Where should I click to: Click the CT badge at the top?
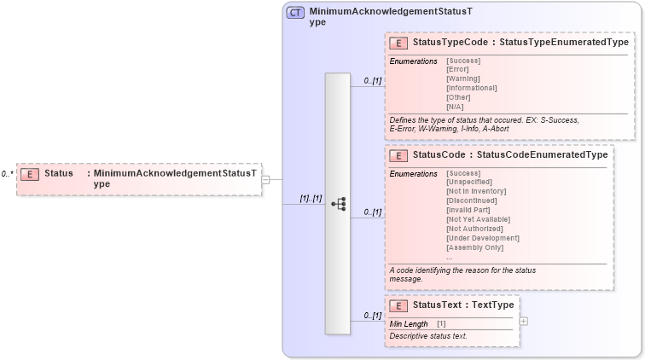(x=295, y=13)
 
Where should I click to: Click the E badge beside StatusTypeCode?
(x=398, y=43)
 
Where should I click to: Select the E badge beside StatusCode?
(x=398, y=156)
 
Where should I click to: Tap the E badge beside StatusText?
(x=398, y=305)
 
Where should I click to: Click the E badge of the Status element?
(x=29, y=174)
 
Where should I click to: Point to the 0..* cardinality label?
(x=7, y=174)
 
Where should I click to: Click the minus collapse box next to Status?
(x=265, y=180)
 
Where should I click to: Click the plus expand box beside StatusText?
(x=523, y=321)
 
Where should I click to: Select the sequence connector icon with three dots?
(x=338, y=204)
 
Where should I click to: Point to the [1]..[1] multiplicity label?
(x=310, y=198)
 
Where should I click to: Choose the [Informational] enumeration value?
(x=471, y=88)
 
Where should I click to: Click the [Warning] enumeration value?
(x=463, y=78)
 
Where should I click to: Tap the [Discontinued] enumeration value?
(x=470, y=200)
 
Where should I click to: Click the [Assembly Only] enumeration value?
(x=475, y=247)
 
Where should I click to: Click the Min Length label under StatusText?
(x=409, y=324)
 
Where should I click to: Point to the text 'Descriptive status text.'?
(x=428, y=336)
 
